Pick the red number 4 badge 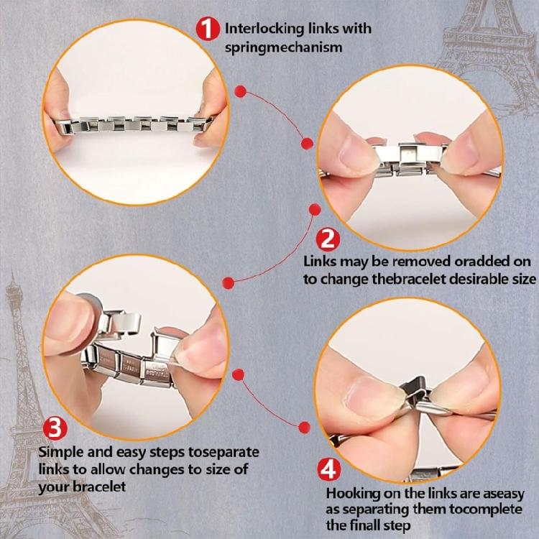click(x=328, y=471)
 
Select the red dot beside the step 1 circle click(x=242, y=92)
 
